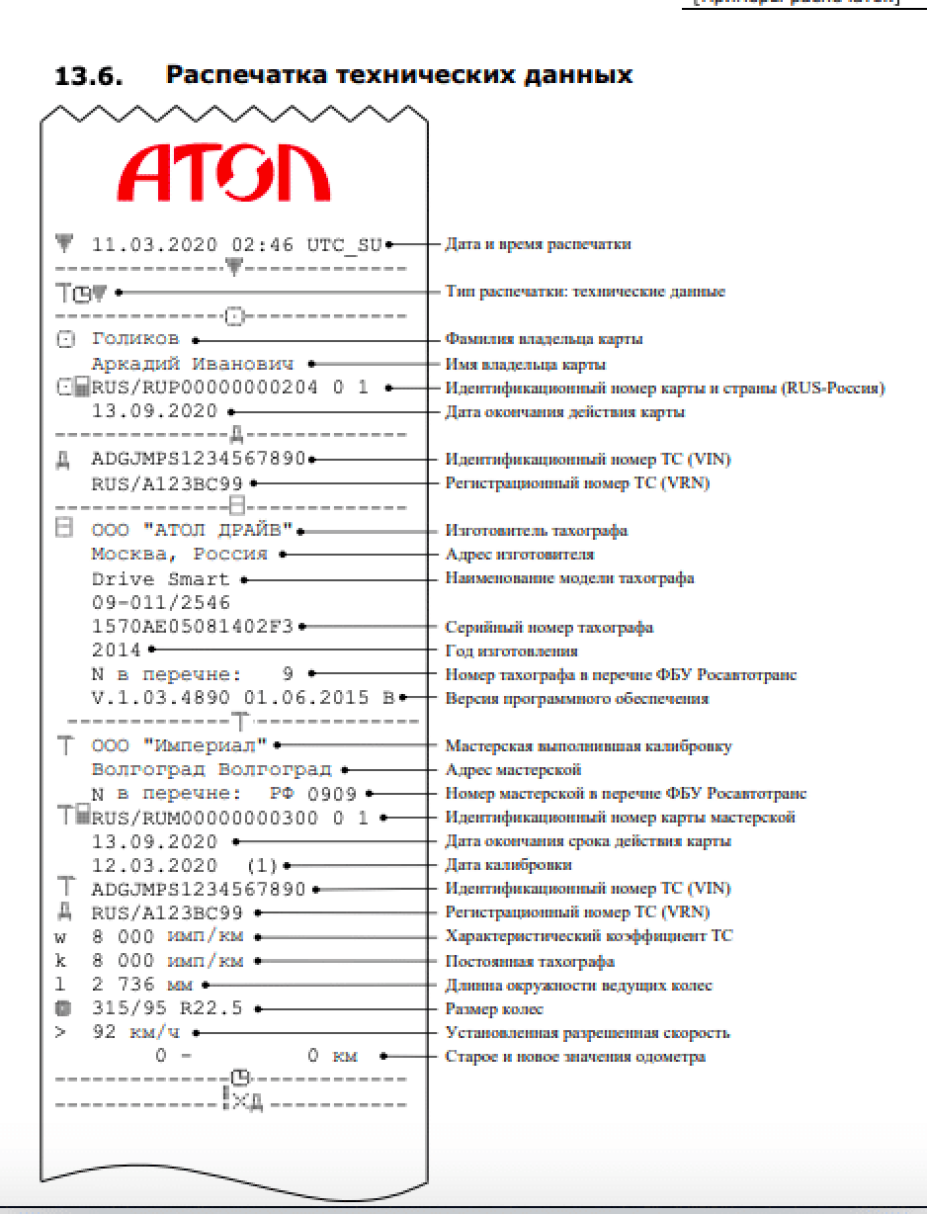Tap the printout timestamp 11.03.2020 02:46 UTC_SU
(236, 244)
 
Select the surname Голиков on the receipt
(135, 339)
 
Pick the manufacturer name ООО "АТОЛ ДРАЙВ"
(193, 531)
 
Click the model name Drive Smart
(160, 578)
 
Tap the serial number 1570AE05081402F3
(193, 626)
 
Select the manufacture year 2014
(117, 650)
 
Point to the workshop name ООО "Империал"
(180, 745)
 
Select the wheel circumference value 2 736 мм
(142, 985)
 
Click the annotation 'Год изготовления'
(511, 651)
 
